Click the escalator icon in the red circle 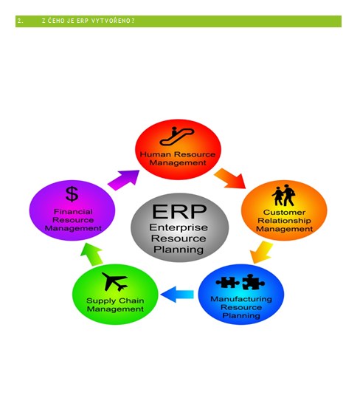point(176,137)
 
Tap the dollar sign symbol point(72,194)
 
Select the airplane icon point(115,281)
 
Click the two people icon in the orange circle point(283,196)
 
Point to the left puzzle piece point(227,282)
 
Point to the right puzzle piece point(253,282)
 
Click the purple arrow point(123,180)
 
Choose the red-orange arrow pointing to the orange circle point(230,178)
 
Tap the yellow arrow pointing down point(262,252)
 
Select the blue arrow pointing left point(177,295)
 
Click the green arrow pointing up point(91,254)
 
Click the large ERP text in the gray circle point(179,211)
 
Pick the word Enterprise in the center point(179,227)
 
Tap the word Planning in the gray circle point(179,250)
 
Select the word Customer point(284,213)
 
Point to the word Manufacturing point(241,299)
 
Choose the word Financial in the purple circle point(73,212)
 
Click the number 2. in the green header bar point(20,21)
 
